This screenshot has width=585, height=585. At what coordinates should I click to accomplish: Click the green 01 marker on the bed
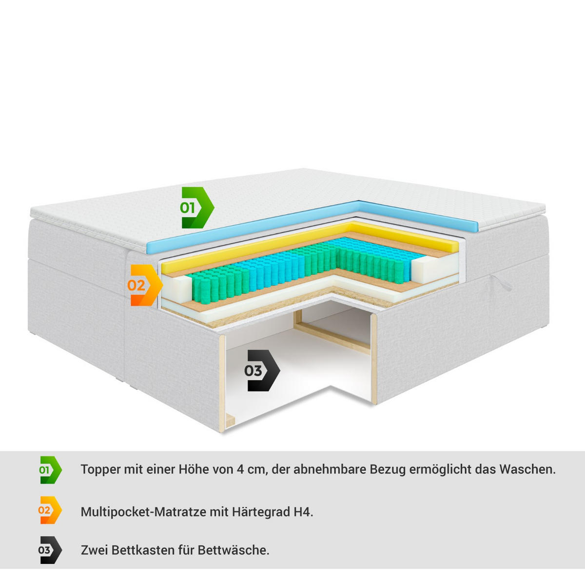[x=197, y=208]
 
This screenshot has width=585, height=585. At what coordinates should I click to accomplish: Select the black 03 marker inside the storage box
[x=262, y=370]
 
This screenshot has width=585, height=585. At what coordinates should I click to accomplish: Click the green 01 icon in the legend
[x=50, y=470]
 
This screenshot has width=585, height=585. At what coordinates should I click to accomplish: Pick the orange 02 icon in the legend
[x=50, y=510]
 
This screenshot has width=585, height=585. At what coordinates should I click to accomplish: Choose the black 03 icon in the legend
[x=50, y=550]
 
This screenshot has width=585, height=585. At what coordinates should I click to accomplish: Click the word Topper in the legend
[x=100, y=470]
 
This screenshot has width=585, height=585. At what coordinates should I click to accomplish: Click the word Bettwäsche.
[x=234, y=550]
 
